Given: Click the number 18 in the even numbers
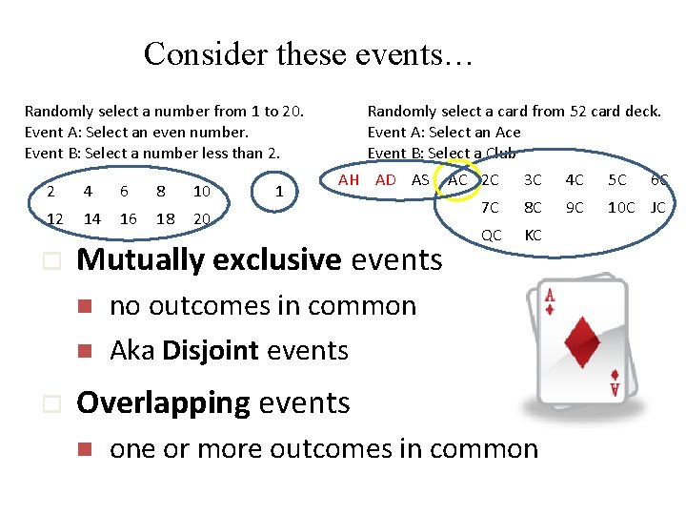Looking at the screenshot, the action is click(x=165, y=219).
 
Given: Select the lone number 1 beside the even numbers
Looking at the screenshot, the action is click(x=278, y=192).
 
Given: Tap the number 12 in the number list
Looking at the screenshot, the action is click(x=54, y=219).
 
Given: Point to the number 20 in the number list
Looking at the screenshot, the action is click(x=201, y=219).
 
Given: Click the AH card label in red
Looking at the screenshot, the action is click(x=349, y=180).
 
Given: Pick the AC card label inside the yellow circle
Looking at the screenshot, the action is click(x=457, y=180).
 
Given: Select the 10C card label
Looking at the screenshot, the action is click(x=621, y=207).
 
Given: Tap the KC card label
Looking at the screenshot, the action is click(x=534, y=235).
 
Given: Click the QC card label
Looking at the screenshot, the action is click(x=492, y=235).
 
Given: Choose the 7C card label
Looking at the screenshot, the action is click(x=491, y=207).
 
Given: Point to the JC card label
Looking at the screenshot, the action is click(x=657, y=207).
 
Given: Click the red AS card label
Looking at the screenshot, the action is click(x=420, y=180).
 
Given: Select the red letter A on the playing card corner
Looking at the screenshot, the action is click(x=550, y=297).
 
